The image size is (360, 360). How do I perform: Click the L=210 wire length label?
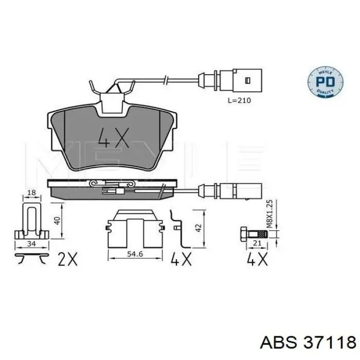[239, 101]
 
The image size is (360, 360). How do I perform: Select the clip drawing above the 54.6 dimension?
[135, 227]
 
